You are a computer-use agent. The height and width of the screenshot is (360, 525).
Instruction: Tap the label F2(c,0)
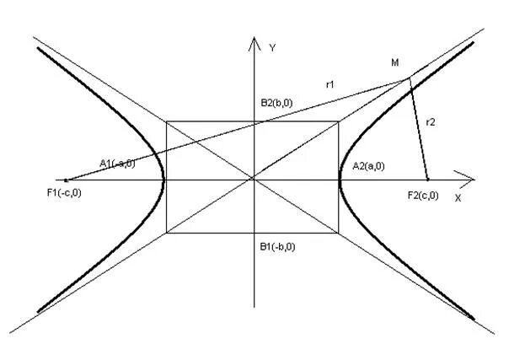coord(422,196)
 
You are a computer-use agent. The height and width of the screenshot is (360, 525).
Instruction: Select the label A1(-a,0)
coord(117,164)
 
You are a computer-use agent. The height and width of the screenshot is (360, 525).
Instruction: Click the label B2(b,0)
coord(278,102)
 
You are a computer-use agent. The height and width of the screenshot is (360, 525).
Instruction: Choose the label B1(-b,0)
coord(277,247)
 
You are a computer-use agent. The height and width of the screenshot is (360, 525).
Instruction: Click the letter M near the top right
coord(396,63)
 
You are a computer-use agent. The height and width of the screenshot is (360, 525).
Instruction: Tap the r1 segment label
coord(330,83)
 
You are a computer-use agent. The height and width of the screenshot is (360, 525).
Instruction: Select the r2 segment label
coord(430,122)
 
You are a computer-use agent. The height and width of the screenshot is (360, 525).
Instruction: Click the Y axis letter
coord(272,48)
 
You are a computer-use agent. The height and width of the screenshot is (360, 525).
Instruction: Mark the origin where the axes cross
coord(254,178)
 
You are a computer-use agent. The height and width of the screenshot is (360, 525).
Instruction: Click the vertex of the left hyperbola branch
coord(163,178)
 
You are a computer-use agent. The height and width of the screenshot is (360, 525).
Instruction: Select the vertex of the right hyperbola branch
coord(340,178)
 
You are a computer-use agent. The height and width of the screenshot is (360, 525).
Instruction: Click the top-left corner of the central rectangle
coord(167,122)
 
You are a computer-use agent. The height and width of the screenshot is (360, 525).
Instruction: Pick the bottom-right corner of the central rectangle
coord(338,233)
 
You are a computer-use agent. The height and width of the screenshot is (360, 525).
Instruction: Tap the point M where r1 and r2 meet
coord(410,78)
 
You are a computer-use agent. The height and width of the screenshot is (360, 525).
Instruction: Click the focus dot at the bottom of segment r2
coord(427,179)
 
